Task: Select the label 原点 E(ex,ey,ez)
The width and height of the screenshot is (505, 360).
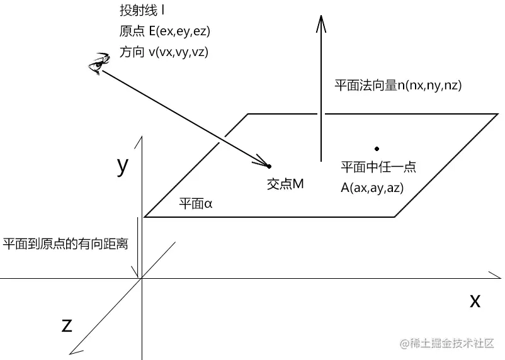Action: click(x=164, y=31)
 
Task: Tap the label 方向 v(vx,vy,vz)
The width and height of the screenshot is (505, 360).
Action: click(x=163, y=52)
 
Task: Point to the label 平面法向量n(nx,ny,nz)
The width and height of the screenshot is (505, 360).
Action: click(x=399, y=86)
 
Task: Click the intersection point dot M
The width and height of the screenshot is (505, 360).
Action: click(x=270, y=166)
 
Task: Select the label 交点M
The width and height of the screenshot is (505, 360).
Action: click(x=286, y=184)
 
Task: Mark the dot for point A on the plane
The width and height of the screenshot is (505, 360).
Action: click(x=377, y=149)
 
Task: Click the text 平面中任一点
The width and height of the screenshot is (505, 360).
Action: click(x=378, y=168)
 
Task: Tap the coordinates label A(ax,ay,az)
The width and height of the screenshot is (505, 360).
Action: click(x=372, y=188)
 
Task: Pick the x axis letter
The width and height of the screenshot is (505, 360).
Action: click(x=475, y=300)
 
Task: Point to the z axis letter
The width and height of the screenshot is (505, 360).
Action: click(x=66, y=325)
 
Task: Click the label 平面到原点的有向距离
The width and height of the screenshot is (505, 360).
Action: click(x=65, y=244)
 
